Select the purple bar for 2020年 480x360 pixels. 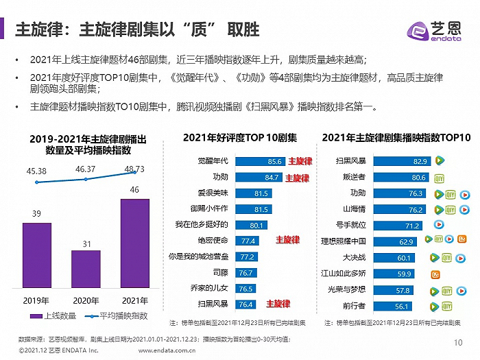86,269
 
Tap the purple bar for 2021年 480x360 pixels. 134,244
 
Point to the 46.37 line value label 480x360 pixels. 86,168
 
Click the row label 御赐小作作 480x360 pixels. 210,208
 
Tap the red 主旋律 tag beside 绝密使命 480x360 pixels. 287,240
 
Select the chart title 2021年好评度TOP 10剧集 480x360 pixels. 240,138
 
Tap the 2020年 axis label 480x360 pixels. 86,300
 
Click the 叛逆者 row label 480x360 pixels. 345,177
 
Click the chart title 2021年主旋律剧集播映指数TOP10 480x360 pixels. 396,138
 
